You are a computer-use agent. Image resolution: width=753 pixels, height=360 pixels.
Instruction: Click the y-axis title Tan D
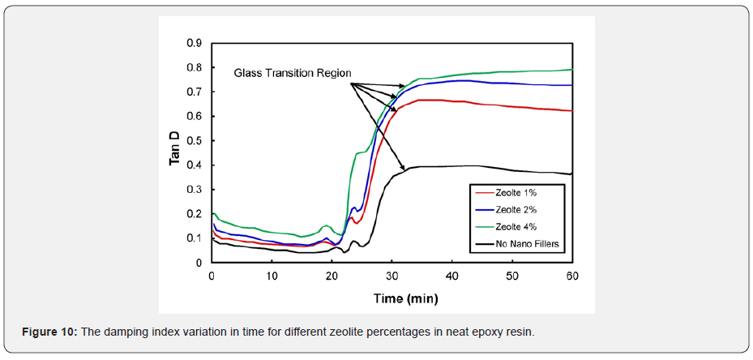[174, 148]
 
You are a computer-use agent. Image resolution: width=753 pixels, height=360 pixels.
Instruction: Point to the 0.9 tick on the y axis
[195, 43]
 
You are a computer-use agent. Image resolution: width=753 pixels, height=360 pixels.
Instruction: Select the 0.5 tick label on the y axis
[195, 141]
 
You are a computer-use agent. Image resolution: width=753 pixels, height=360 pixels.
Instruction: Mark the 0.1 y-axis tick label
[195, 238]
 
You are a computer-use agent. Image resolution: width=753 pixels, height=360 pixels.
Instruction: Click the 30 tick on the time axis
[391, 276]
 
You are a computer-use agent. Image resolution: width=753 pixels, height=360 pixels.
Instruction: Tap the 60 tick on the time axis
[571, 276]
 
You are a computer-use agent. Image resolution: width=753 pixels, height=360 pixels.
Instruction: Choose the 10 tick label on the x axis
[272, 276]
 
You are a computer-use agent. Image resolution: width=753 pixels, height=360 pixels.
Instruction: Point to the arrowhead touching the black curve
[403, 169]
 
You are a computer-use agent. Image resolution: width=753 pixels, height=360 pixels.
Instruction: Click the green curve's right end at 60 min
[571, 70]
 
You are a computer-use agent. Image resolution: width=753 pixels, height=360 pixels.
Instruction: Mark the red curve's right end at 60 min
[571, 111]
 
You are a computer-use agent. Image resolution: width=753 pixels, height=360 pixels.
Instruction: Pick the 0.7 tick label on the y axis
[195, 92]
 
